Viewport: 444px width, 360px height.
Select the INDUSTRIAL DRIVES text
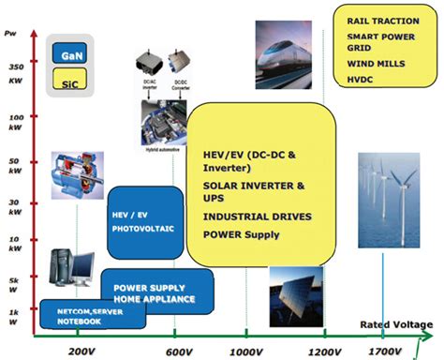[257, 217]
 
